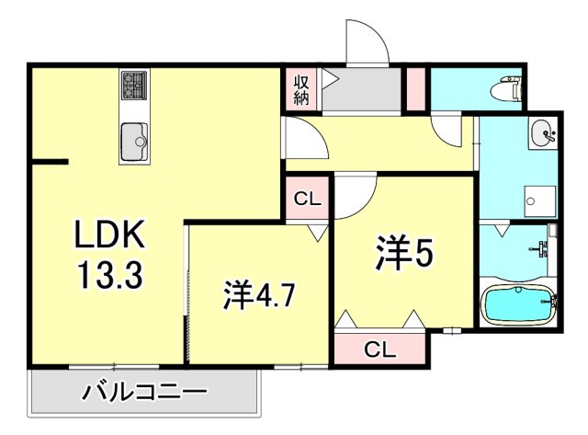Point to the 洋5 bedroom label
[401, 253]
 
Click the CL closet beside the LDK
[307, 199]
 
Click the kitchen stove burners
[134, 86]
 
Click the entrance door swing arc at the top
[365, 41]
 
